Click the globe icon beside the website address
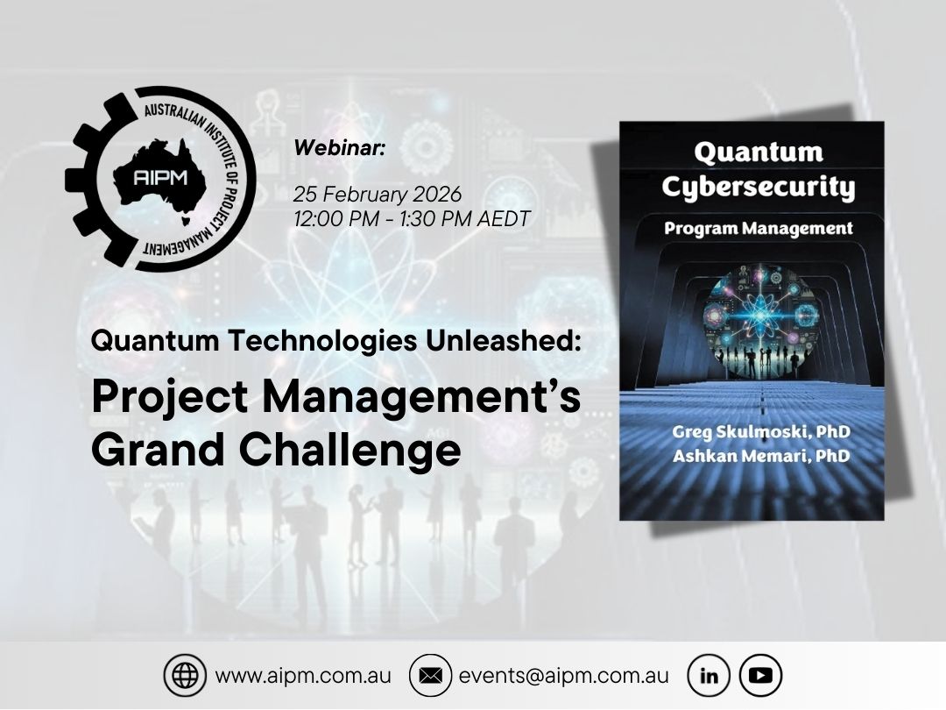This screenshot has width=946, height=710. tap(185, 676)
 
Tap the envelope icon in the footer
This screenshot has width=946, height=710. tap(430, 676)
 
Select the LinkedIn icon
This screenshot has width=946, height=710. tap(709, 676)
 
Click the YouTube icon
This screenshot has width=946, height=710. tap(760, 676)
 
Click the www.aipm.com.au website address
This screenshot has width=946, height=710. tap(303, 677)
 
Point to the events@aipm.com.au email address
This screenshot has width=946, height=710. tap(563, 677)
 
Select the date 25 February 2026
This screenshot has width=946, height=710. tap(377, 194)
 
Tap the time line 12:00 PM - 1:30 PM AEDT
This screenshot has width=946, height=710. tap(412, 218)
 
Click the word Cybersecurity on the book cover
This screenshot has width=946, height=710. tap(758, 188)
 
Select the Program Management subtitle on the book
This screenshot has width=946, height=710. tap(758, 229)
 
